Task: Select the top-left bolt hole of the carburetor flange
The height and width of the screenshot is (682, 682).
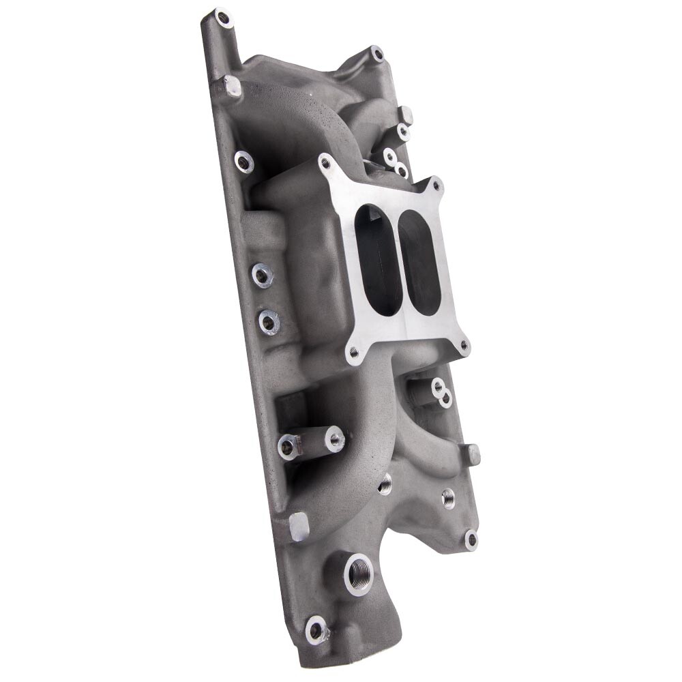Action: (x=325, y=162)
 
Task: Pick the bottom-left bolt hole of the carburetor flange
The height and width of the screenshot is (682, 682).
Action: (x=353, y=353)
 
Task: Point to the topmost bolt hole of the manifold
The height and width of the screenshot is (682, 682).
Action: (x=222, y=17)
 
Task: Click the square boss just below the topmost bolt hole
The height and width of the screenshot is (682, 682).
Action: (x=232, y=87)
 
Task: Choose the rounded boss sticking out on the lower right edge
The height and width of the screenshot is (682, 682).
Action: (x=473, y=454)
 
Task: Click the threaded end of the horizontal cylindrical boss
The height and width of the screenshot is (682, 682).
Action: (x=334, y=439)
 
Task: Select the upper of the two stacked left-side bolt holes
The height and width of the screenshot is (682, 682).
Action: (x=263, y=275)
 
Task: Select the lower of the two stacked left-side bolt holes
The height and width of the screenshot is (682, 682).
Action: (x=269, y=321)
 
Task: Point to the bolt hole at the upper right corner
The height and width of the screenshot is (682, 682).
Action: (x=376, y=53)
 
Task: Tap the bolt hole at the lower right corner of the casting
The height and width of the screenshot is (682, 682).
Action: (x=471, y=539)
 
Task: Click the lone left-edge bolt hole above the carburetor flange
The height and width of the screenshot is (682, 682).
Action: (x=244, y=161)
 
